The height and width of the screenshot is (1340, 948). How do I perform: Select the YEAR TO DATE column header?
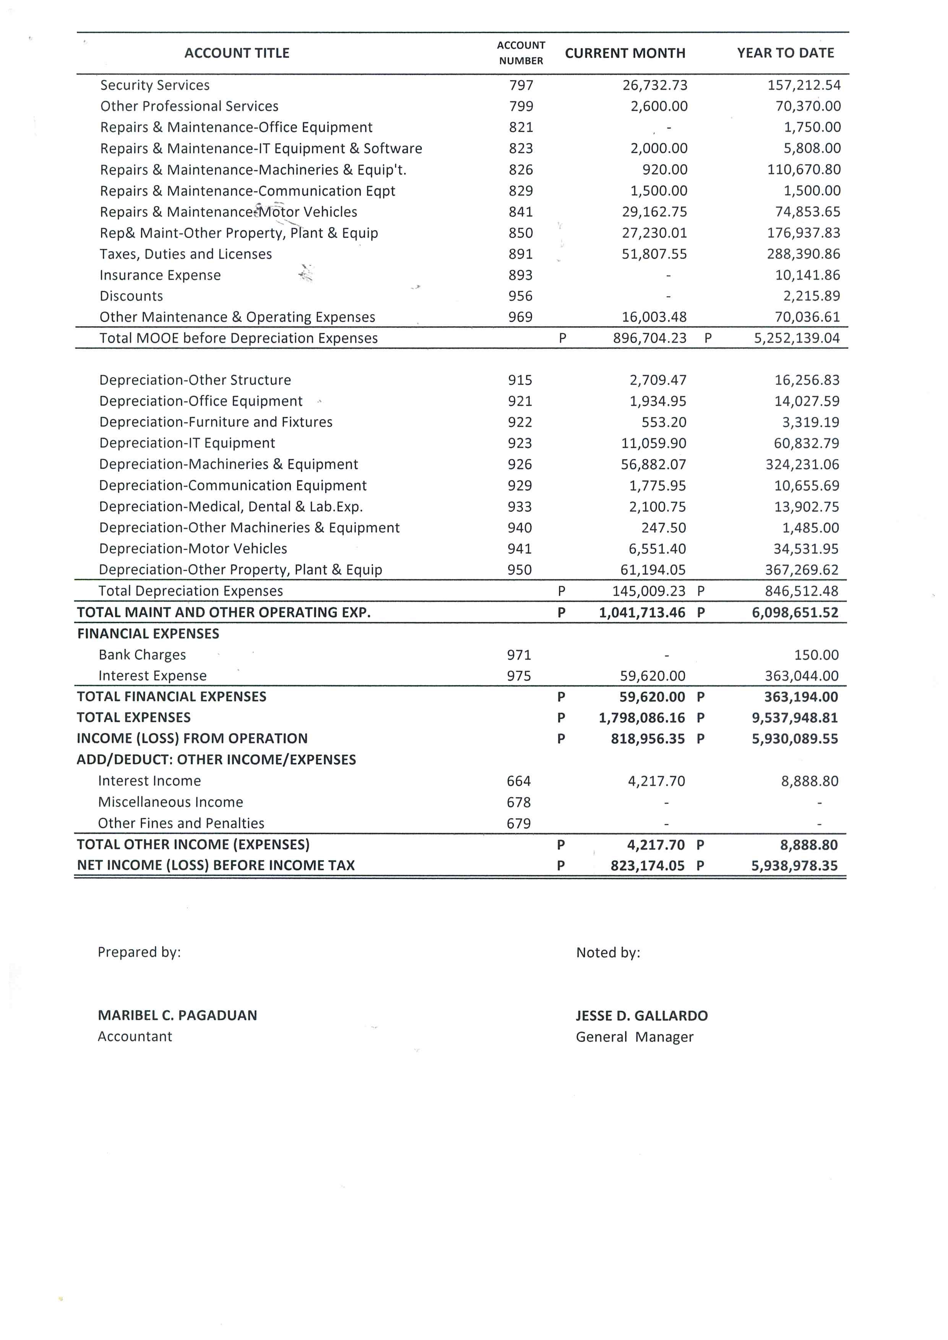[785, 53]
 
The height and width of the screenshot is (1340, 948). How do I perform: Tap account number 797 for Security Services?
[521, 85]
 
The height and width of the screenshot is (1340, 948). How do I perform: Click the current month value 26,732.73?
[654, 85]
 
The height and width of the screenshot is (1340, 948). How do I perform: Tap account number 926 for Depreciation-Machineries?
[519, 465]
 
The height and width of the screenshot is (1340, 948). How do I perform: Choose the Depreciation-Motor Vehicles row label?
[193, 549]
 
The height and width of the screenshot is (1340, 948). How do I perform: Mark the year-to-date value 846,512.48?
[802, 591]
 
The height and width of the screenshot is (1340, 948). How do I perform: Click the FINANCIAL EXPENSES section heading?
[148, 634]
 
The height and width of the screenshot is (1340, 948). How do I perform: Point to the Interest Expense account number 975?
[518, 676]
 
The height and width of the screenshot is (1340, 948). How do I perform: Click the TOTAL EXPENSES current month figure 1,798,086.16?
[641, 718]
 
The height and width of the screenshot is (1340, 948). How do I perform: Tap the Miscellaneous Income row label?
[170, 802]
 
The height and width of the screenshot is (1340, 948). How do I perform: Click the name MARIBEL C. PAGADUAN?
[177, 1016]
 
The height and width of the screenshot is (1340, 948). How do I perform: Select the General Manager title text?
[635, 1037]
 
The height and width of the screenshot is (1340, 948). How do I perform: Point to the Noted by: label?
[608, 953]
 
